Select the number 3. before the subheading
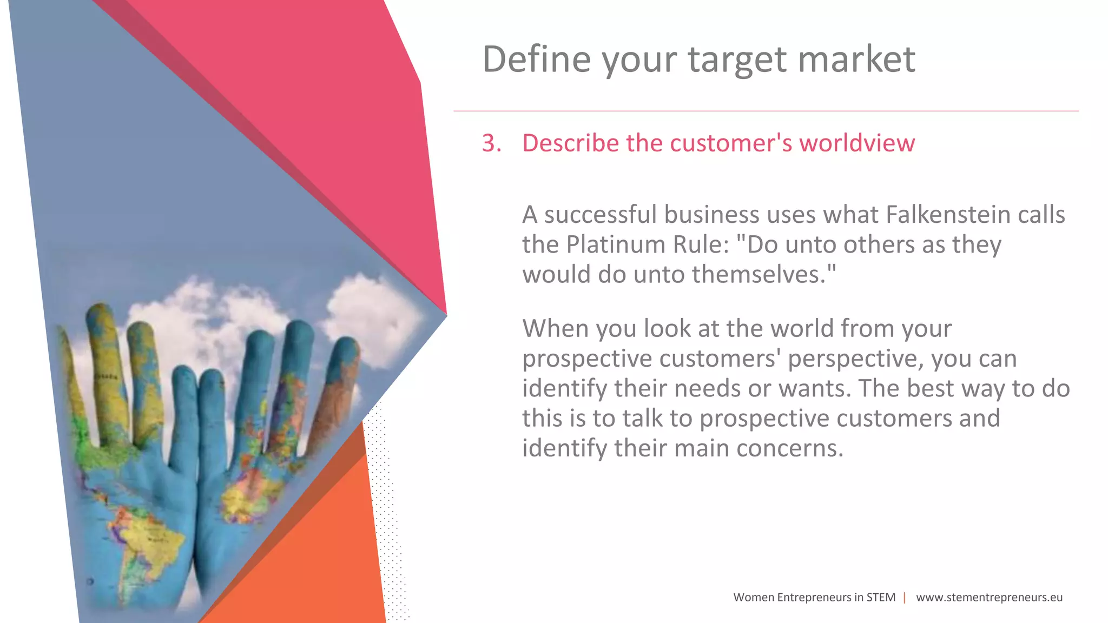click(491, 143)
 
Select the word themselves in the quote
click(763, 274)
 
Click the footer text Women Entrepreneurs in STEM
click(814, 598)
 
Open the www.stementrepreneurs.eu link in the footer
click(989, 598)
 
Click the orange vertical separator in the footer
click(905, 598)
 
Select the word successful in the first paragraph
click(600, 215)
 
